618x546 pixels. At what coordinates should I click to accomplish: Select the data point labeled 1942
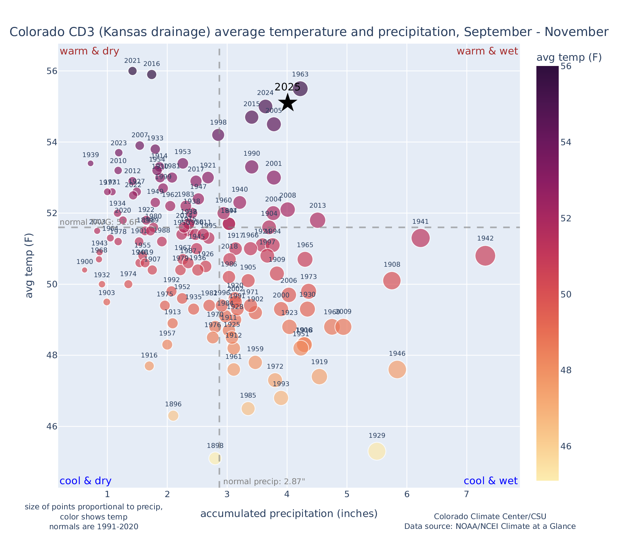click(x=485, y=256)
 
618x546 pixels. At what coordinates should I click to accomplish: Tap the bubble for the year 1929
click(x=377, y=451)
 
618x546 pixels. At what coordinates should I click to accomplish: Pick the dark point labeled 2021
click(x=133, y=71)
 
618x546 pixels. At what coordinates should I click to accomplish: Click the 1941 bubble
click(x=421, y=238)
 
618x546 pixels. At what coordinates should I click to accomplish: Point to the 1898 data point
click(x=215, y=458)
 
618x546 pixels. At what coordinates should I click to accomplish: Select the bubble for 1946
click(x=397, y=370)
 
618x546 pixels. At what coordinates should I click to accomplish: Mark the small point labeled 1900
click(x=84, y=270)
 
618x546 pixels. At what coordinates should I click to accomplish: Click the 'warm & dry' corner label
click(x=90, y=51)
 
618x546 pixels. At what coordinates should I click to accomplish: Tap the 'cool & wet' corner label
click(x=491, y=481)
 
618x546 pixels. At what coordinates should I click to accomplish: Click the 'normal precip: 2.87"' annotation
click(x=264, y=482)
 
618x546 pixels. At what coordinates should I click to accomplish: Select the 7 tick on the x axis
click(x=467, y=495)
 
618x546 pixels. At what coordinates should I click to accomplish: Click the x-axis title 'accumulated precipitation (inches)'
click(x=289, y=514)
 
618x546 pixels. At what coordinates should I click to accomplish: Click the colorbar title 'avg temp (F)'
click(x=569, y=57)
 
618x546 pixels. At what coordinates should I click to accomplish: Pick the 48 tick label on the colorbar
click(x=566, y=370)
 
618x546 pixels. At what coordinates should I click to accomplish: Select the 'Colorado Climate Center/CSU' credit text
click(x=490, y=516)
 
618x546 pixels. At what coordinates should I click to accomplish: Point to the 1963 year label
click(x=300, y=74)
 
